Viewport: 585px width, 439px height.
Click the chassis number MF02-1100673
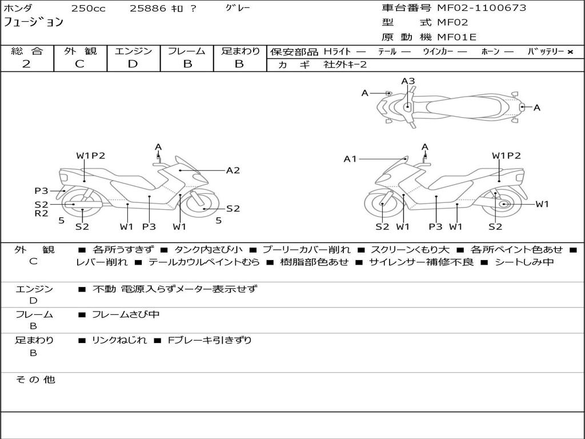[x=482, y=8]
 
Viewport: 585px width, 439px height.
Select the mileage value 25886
[x=148, y=8]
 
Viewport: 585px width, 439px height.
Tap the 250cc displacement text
[x=89, y=8]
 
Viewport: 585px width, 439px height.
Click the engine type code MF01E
[x=456, y=37]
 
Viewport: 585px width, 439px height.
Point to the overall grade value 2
[x=26, y=64]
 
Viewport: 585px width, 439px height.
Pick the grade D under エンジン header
[x=133, y=64]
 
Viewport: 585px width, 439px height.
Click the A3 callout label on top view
[x=408, y=81]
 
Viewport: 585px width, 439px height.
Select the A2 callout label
[x=233, y=170]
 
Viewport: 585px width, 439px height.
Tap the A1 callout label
[x=350, y=159]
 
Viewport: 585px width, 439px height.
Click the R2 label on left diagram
[x=41, y=214]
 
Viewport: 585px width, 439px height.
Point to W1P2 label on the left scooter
[x=91, y=155]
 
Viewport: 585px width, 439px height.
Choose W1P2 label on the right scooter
[x=506, y=155]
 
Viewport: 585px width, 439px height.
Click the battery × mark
[x=570, y=52]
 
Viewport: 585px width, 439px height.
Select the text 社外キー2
[x=345, y=65]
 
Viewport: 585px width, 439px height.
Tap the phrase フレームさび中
[x=126, y=315]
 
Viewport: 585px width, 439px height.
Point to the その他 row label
[x=35, y=380]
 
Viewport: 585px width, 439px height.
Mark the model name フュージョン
[x=34, y=22]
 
